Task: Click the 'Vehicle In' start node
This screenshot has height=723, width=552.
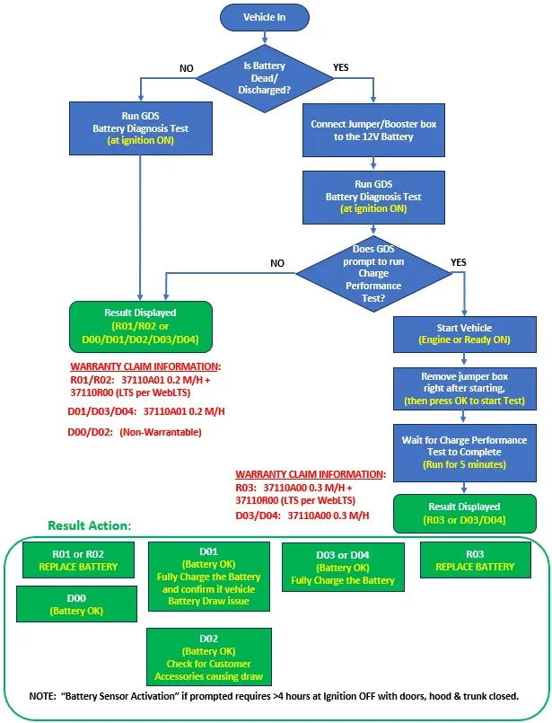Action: [265, 18]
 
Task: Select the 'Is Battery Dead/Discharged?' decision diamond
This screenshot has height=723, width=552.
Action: [265, 78]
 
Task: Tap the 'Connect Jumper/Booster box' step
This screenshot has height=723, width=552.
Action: [373, 130]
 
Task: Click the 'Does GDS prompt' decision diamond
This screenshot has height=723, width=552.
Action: [373, 273]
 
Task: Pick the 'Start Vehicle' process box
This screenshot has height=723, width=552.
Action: [464, 334]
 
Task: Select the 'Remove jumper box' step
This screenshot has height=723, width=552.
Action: [464, 389]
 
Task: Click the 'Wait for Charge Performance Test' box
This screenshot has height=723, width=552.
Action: [464, 453]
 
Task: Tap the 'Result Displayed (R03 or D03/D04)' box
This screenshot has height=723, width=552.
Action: [464, 514]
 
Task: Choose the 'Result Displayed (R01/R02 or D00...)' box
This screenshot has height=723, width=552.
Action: [141, 326]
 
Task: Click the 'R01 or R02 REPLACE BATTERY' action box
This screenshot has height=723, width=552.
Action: [78, 560]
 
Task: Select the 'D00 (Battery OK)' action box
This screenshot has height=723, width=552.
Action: [76, 604]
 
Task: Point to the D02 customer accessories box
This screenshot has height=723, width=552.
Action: [209, 657]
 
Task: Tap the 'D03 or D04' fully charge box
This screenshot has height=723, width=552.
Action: [343, 567]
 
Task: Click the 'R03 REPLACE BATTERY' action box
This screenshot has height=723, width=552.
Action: [475, 560]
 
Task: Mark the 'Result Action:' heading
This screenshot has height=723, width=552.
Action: [90, 525]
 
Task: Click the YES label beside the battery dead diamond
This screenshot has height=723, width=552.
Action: [341, 67]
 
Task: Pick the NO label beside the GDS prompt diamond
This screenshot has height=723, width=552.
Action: [277, 263]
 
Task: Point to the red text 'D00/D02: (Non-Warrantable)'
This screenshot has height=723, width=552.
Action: [135, 433]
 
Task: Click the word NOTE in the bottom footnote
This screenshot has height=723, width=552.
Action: [42, 696]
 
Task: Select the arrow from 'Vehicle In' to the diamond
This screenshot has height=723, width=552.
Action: [265, 38]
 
